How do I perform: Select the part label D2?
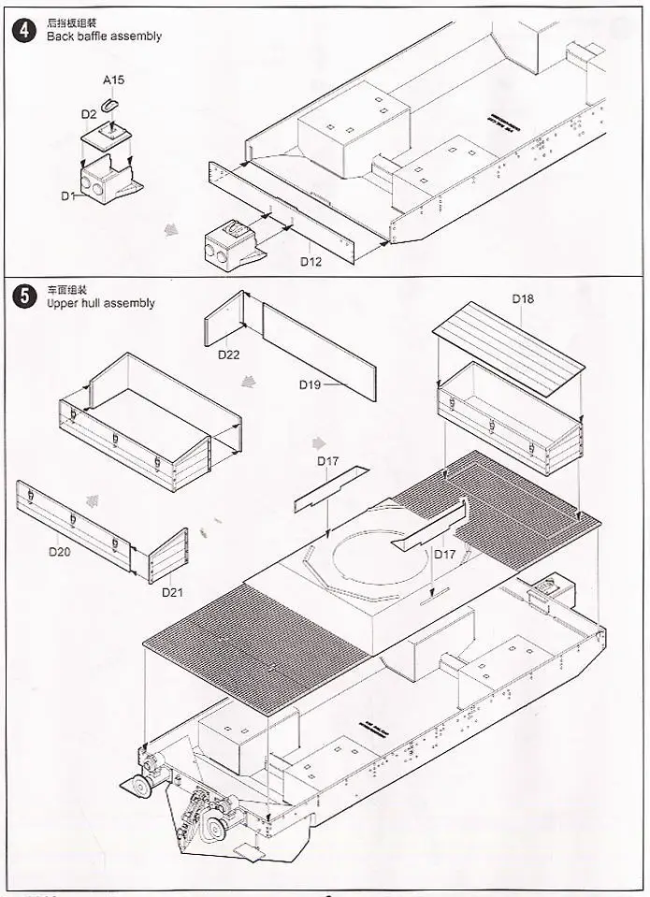click(x=89, y=114)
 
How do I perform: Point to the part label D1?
click(x=67, y=195)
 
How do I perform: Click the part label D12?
click(x=311, y=261)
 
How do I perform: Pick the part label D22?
click(x=229, y=354)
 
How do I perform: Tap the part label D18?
click(x=523, y=298)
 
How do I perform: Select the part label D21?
click(x=173, y=591)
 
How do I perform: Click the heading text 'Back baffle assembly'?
click(x=103, y=36)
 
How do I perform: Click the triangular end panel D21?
click(x=168, y=556)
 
